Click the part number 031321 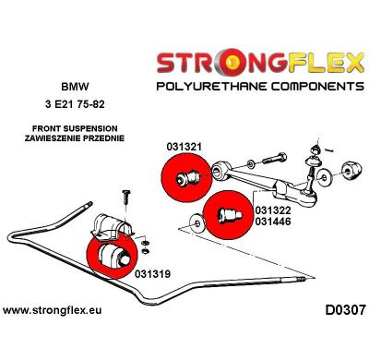point(185,147)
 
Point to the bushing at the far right point(351,172)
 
